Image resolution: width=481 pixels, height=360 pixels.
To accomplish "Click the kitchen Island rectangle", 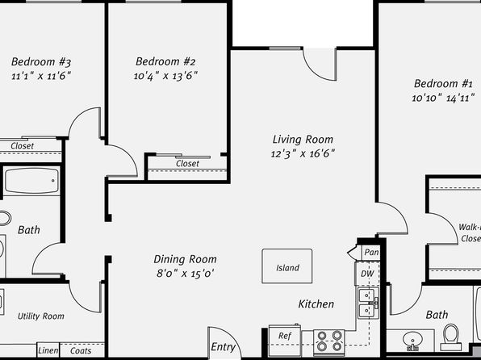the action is [x=287, y=266].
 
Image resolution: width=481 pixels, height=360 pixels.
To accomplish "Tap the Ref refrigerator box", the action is [x=285, y=340].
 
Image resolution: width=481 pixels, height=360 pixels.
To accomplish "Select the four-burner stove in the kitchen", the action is [x=329, y=341].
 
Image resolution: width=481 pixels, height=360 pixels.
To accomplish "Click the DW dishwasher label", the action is [x=367, y=274].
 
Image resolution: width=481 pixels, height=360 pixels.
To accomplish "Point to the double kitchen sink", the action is [x=368, y=303].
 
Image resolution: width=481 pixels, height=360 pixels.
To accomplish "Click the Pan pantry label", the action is [x=371, y=253].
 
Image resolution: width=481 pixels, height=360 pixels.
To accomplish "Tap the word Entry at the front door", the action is [x=223, y=347].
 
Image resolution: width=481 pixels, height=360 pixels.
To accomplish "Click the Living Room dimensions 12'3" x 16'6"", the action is [x=303, y=153].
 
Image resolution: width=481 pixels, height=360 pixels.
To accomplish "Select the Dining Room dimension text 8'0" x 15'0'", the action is [x=186, y=273].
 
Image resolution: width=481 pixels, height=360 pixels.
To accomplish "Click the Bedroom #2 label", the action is [x=165, y=61].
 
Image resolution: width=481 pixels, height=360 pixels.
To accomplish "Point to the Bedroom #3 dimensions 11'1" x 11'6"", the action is [x=41, y=76].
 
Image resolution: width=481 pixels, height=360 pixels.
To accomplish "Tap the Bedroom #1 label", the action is [x=443, y=83].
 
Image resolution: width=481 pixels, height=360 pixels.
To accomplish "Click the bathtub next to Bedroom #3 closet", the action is [x=32, y=181].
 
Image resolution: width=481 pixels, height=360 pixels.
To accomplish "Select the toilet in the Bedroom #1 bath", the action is [x=451, y=337].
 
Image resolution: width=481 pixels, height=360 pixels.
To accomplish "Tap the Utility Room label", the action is [x=41, y=316].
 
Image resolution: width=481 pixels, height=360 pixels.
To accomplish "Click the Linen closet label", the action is [x=48, y=350].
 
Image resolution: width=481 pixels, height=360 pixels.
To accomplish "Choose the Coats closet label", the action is [x=81, y=350].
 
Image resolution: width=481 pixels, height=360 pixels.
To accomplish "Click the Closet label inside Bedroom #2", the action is [x=187, y=164].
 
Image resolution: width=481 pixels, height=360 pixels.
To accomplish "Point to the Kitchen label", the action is [x=316, y=304].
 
